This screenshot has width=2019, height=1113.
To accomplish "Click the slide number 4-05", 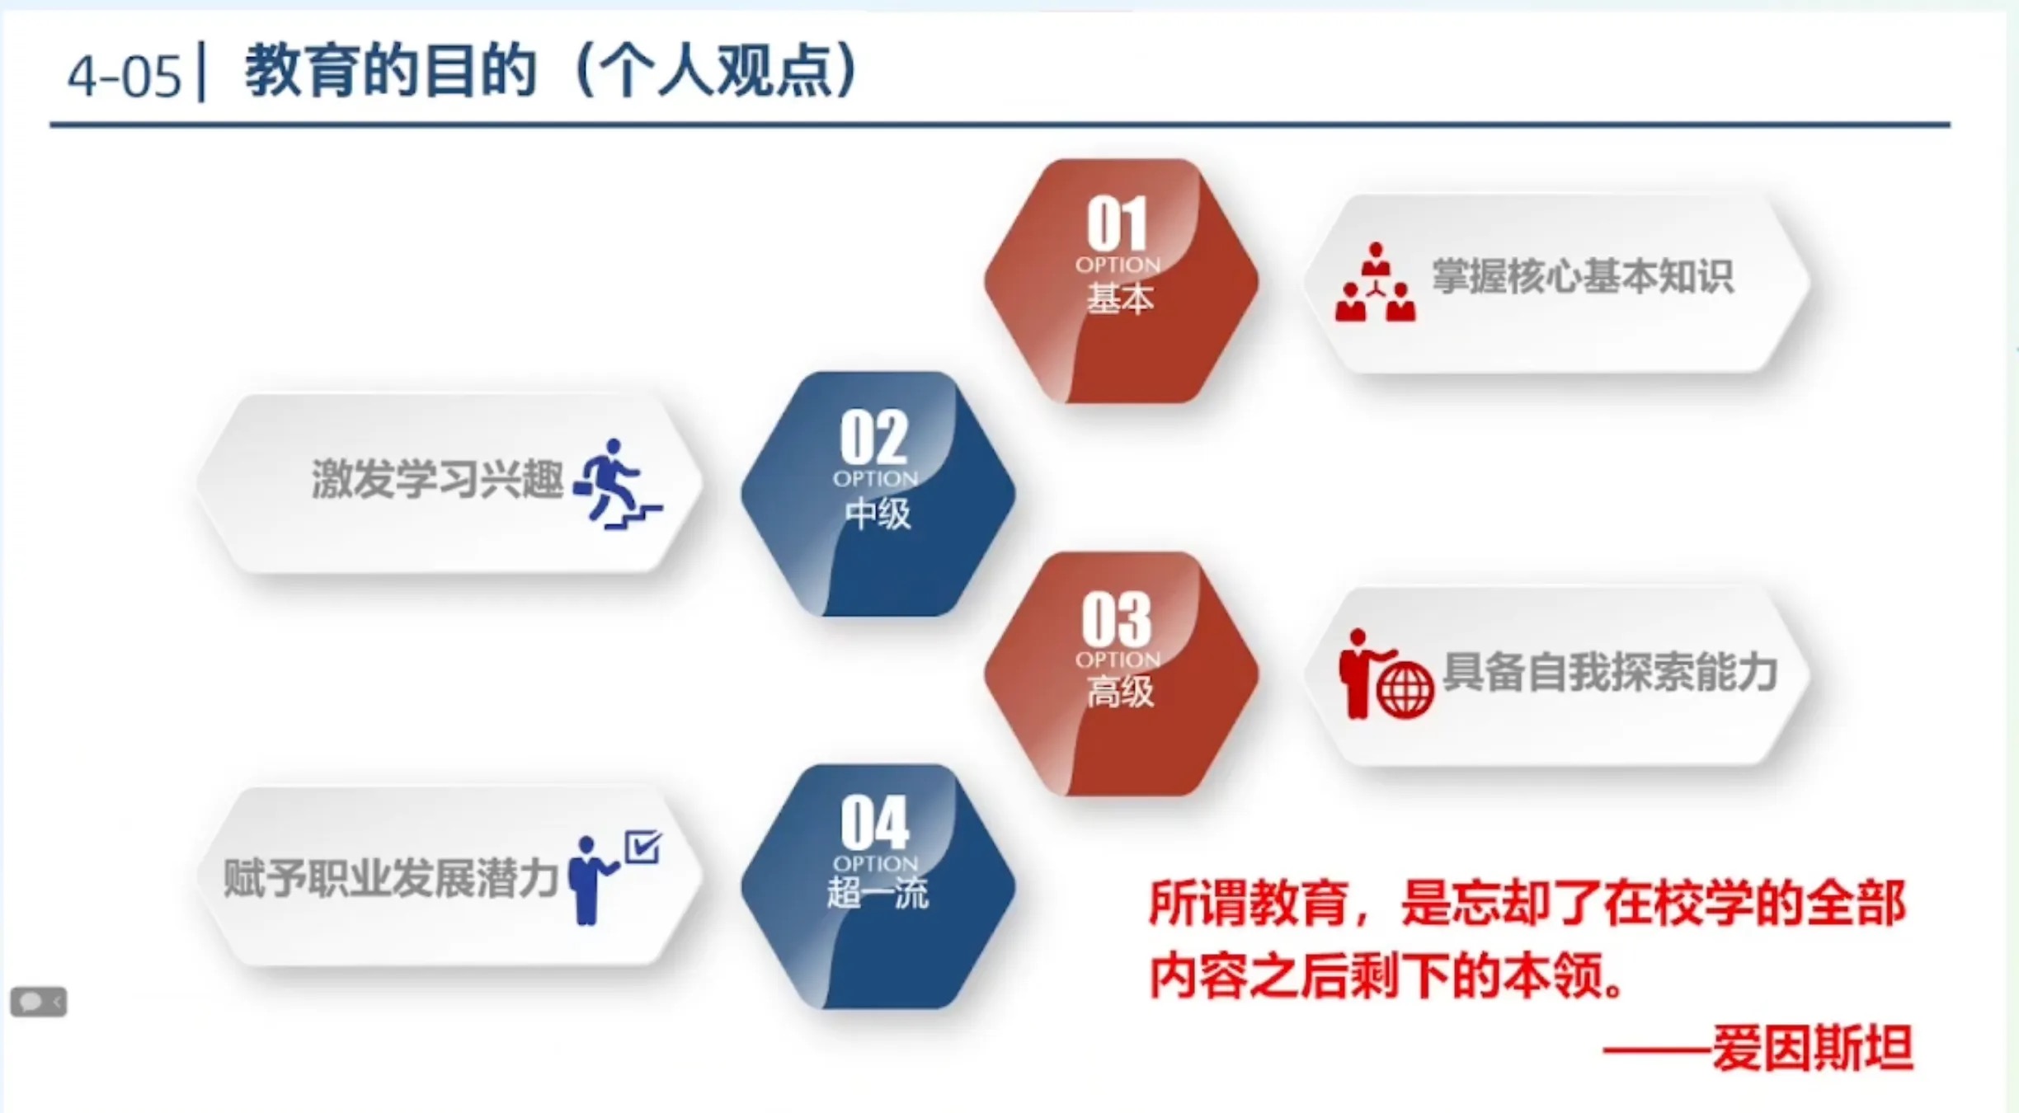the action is tap(124, 77).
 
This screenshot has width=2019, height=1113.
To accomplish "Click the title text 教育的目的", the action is tap(391, 72).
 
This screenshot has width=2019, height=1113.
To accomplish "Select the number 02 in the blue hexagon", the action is tap(873, 437).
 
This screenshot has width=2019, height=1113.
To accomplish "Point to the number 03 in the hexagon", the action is tap(1117, 618).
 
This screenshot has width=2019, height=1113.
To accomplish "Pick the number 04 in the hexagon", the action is tap(874, 822).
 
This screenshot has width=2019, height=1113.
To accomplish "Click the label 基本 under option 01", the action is tap(1119, 298).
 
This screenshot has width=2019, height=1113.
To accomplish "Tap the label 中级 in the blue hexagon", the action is tap(877, 514).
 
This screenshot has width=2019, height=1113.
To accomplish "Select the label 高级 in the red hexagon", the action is tap(1119, 691).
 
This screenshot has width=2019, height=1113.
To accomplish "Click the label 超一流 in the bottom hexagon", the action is tap(878, 893).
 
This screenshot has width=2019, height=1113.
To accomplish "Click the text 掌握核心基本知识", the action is tap(1582, 275).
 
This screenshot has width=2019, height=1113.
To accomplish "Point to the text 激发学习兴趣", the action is tap(437, 479).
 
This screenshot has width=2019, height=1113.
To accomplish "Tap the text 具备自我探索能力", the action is tap(1609, 672).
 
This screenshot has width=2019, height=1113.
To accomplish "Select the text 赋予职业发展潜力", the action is tap(391, 878).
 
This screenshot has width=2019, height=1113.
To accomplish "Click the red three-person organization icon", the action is tap(1375, 282).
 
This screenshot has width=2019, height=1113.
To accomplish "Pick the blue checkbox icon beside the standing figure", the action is tap(642, 847).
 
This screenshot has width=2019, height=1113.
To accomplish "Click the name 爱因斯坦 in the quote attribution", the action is tap(1812, 1048).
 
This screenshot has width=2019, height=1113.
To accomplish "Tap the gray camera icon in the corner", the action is tap(38, 1002).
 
